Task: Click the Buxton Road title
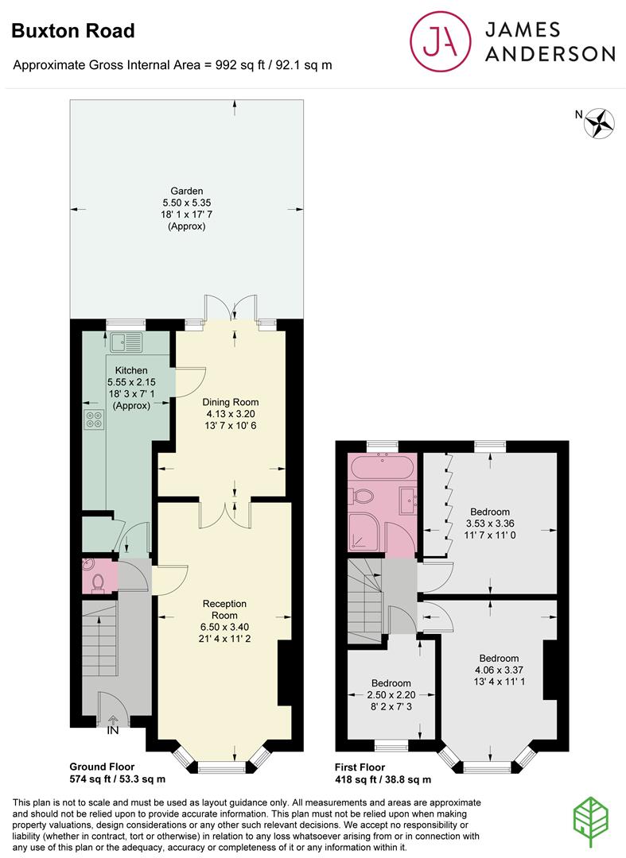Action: (73, 31)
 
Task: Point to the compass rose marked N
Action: (601, 122)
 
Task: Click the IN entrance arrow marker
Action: (113, 725)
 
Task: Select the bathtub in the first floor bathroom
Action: (381, 469)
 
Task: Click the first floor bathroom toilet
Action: (364, 498)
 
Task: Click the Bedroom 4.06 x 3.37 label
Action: (499, 664)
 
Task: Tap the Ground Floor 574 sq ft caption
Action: (118, 773)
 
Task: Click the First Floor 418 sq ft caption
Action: (383, 773)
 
